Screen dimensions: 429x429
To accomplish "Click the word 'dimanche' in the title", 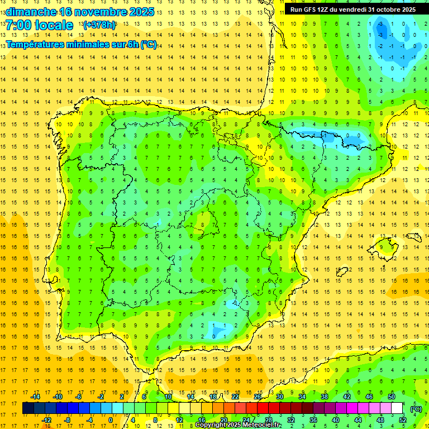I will pos(30,12).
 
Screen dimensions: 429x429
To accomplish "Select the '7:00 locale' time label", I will pos(39,25).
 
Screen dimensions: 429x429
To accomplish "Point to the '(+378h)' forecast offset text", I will pos(99,25).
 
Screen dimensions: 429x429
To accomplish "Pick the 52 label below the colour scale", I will pos(402,420).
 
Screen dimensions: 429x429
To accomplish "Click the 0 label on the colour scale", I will pos(111,420).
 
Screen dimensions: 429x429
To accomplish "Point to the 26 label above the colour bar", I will pos(257,396).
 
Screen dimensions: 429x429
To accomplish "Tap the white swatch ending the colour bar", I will pos(397,408).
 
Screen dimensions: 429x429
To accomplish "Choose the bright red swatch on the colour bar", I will pos(263,408).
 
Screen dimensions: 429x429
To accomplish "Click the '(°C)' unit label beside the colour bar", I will pos(416,408).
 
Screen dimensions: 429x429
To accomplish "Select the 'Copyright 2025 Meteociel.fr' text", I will pos(239,425).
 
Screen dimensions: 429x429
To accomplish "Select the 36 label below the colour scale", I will pos(313,420).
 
